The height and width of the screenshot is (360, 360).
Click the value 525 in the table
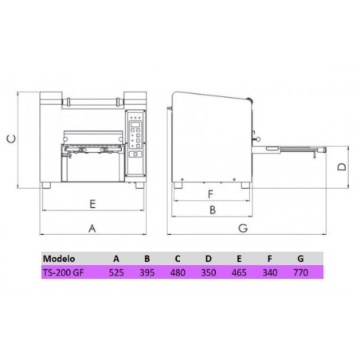[x=116, y=272]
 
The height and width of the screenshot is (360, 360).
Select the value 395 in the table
[x=147, y=272]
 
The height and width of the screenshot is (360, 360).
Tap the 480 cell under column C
[x=178, y=272]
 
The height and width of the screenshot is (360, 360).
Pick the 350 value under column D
[x=209, y=272]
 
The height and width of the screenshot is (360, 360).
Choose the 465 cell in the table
[x=239, y=272]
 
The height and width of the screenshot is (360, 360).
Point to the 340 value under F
[x=270, y=272]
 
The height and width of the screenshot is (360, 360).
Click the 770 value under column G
[x=300, y=272]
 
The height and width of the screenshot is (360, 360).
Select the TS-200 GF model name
[x=64, y=272]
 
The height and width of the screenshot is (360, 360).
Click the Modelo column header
[x=59, y=259]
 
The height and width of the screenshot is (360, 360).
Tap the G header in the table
[x=300, y=259]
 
